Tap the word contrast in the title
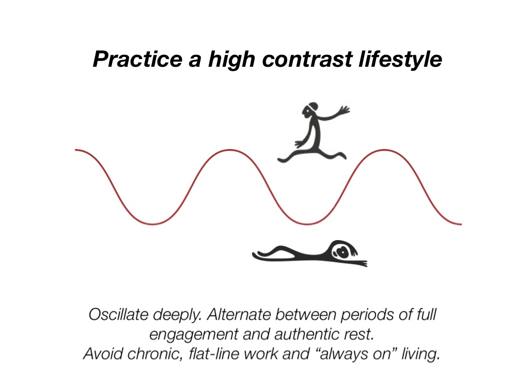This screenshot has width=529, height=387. coord(298,60)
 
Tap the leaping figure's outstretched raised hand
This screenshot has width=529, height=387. coord(344,110)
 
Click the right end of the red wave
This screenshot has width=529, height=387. coord(460,224)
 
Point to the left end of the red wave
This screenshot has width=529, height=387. coord(76,150)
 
